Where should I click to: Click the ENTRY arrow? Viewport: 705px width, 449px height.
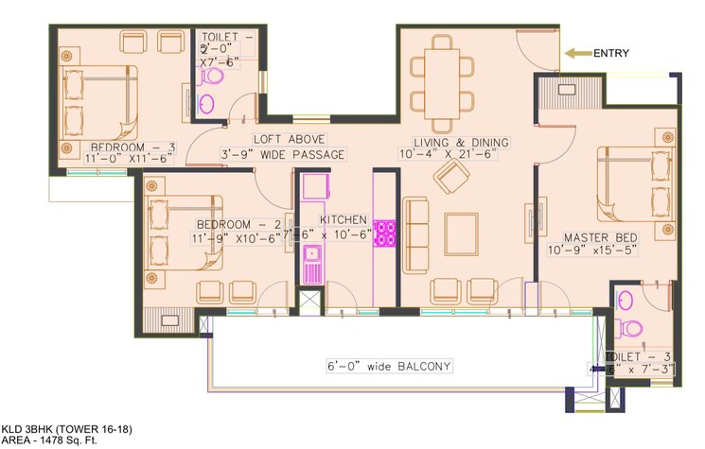(x=575, y=54)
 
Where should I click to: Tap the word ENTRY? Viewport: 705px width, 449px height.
(x=610, y=54)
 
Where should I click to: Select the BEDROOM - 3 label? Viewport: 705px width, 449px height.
(x=132, y=147)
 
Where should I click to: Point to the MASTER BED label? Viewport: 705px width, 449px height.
(x=600, y=236)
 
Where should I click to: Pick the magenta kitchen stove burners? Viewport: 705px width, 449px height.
(x=385, y=233)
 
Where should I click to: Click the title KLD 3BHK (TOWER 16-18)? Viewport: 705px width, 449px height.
(x=66, y=428)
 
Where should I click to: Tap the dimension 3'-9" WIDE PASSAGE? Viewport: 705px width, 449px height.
(x=283, y=154)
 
